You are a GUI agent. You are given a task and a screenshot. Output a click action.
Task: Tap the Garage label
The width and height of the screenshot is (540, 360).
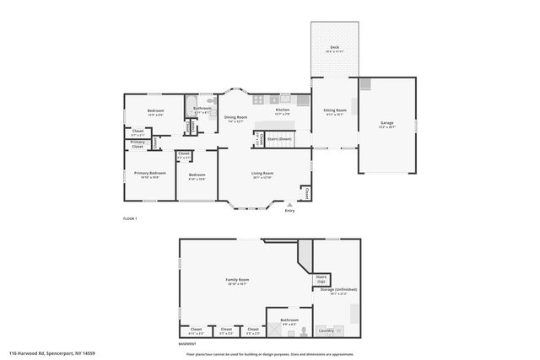[387, 124]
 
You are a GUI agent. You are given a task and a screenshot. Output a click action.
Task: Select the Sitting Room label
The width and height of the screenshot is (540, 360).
[336, 111]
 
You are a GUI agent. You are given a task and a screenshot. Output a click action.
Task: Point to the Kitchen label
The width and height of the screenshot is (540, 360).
[282, 110]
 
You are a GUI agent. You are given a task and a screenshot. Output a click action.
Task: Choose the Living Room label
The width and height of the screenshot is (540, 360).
[262, 175]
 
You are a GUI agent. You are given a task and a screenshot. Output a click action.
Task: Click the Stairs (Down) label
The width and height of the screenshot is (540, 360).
[279, 138]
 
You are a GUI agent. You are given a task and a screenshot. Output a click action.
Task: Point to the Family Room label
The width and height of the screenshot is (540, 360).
[237, 281]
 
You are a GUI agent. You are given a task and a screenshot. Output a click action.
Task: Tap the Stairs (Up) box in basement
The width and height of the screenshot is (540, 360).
[321, 277]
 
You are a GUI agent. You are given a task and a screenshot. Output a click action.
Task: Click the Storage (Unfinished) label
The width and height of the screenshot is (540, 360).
[338, 291]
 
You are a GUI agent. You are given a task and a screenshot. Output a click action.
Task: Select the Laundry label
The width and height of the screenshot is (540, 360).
[325, 330]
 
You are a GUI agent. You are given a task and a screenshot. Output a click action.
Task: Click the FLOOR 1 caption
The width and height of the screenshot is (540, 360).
[129, 218]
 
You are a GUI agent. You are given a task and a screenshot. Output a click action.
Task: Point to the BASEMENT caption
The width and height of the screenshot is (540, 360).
[187, 344]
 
